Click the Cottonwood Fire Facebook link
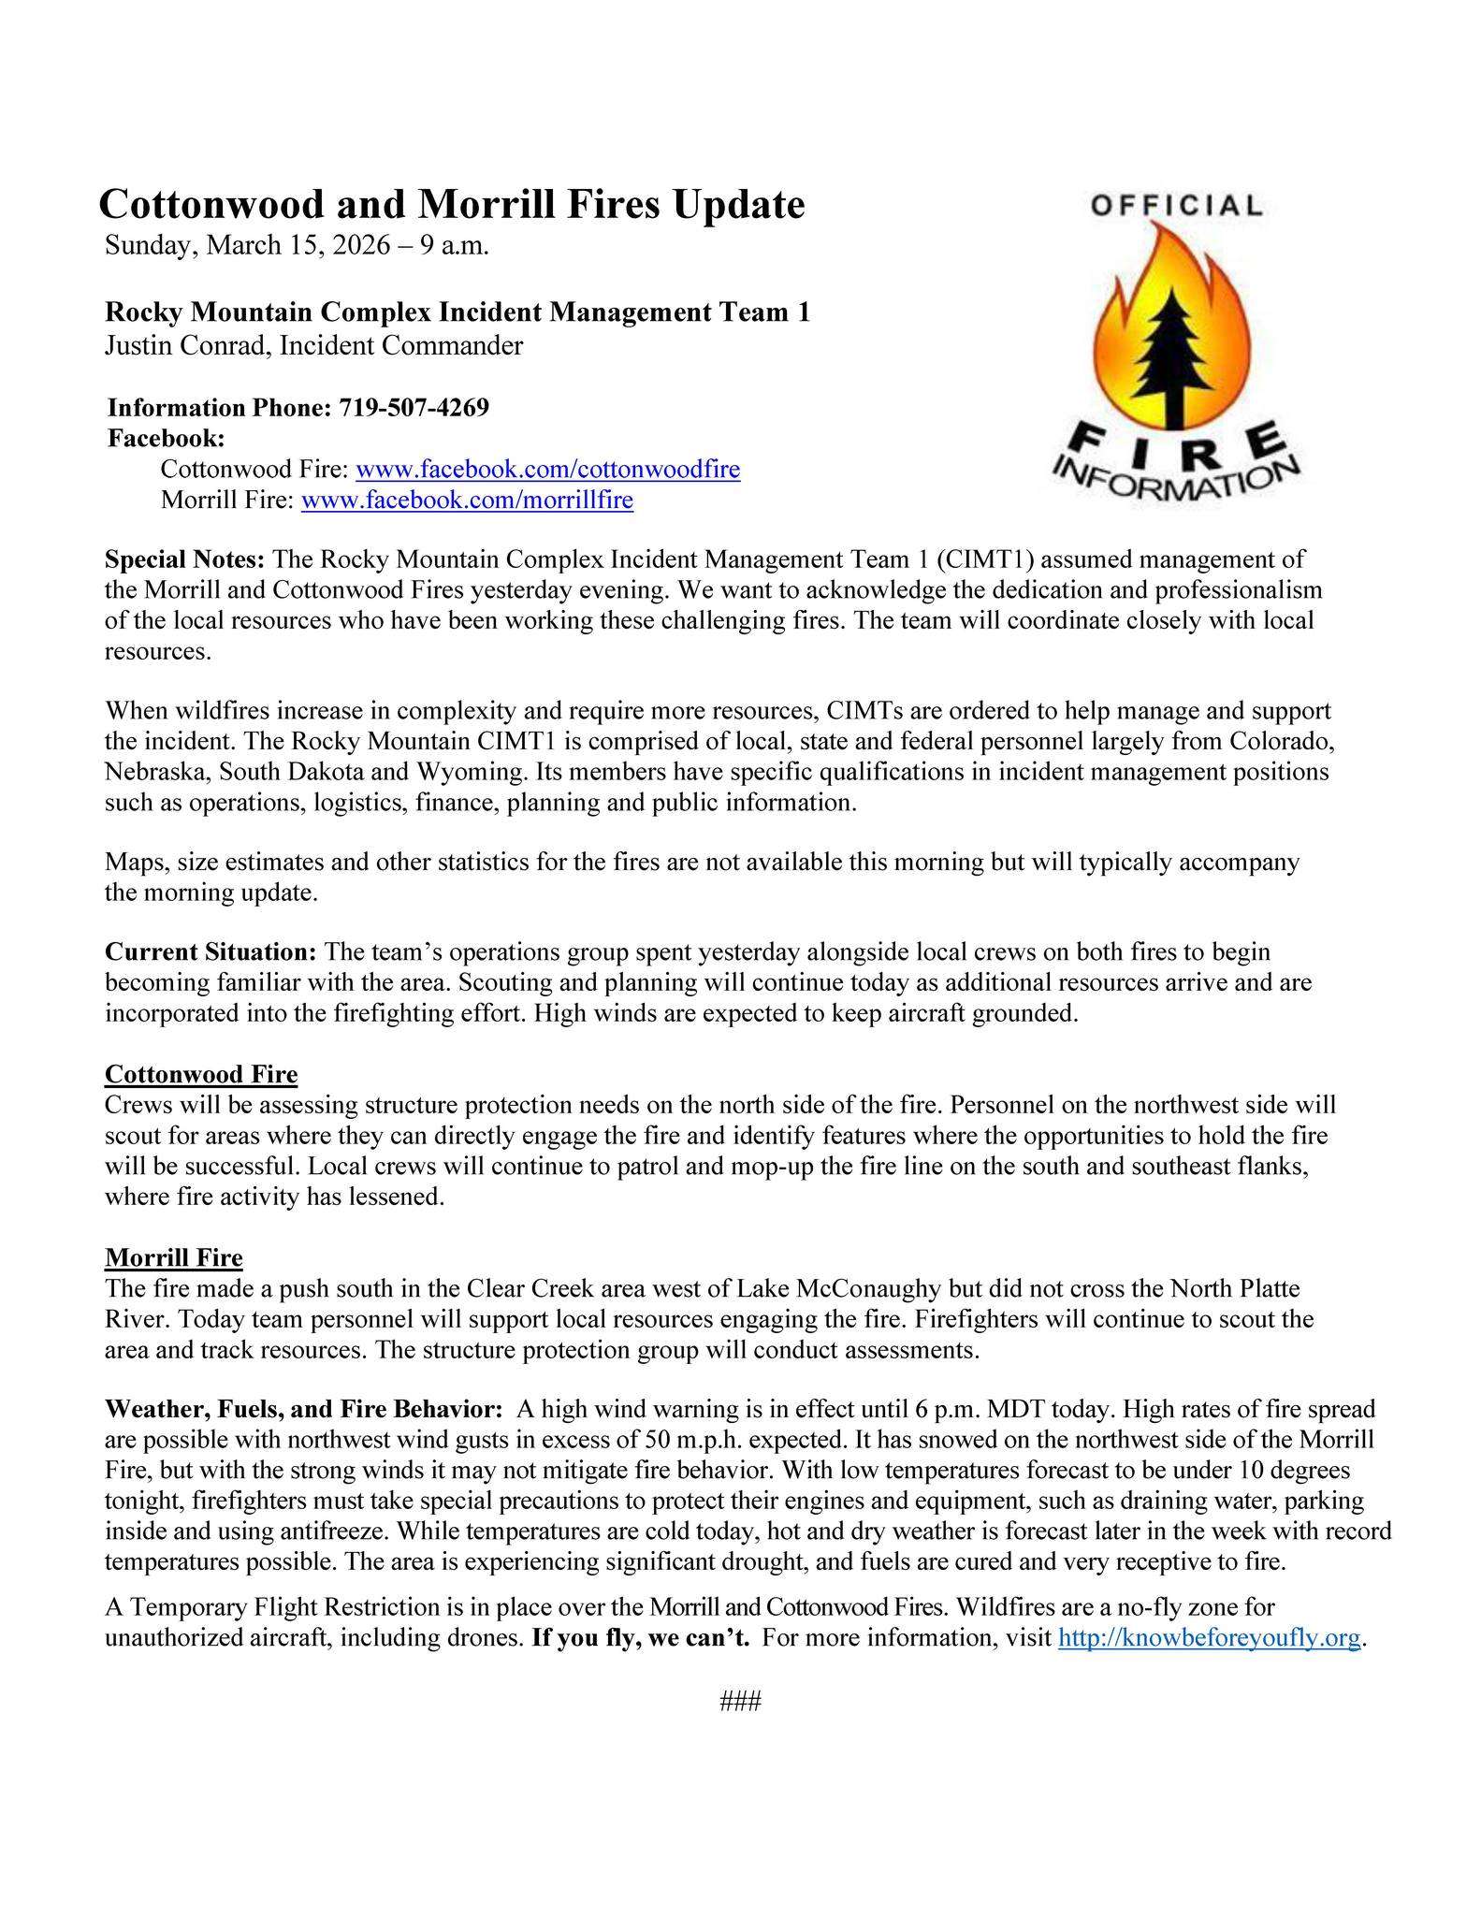pyautogui.click(x=548, y=470)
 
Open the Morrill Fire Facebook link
pyautogui.click(x=467, y=501)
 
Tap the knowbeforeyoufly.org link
pyautogui.click(x=1208, y=1638)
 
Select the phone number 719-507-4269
pyautogui.click(x=414, y=408)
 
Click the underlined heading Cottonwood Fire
pyautogui.click(x=200, y=1074)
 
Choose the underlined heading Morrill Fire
pyautogui.click(x=173, y=1257)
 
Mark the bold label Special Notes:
pyautogui.click(x=185, y=560)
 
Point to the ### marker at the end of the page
pyautogui.click(x=740, y=1701)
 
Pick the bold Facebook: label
pyautogui.click(x=167, y=438)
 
